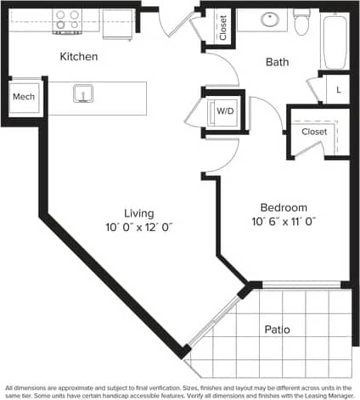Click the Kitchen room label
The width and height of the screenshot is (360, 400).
[79, 57]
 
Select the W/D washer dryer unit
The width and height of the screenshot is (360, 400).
[225, 111]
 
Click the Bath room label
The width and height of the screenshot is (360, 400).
[277, 62]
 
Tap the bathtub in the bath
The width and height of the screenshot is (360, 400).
[334, 40]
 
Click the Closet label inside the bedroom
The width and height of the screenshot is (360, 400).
[314, 132]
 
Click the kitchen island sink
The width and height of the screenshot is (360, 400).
[82, 93]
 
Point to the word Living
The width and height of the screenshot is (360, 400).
[138, 213]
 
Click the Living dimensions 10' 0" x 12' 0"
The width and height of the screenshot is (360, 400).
[138, 227]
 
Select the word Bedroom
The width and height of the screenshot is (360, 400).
[283, 207]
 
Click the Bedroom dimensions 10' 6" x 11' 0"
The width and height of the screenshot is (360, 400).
[283, 221]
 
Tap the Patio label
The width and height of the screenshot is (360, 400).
[277, 329]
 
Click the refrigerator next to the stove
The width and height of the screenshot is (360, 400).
[118, 24]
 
